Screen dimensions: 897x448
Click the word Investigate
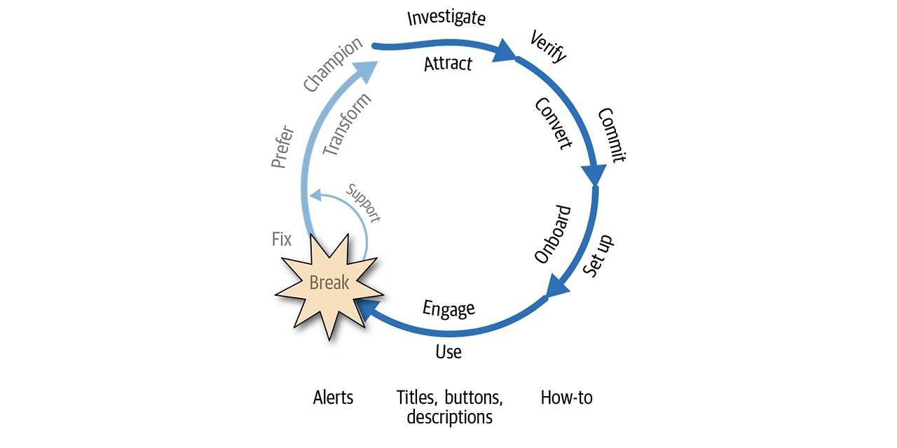pos(446,18)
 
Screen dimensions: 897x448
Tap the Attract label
pos(448,64)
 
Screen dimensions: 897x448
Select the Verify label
pos(548,46)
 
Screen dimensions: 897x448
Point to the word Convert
pos(554,123)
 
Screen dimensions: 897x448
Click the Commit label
pos(612,135)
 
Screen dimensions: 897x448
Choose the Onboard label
pos(553,234)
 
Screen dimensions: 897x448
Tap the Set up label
pos(598,256)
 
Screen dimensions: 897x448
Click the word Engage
pos(448,309)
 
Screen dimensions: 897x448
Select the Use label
pos(448,352)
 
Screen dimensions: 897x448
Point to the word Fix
pos(282,239)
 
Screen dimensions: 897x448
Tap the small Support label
pos(363,203)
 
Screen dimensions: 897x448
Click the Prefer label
pos(282,147)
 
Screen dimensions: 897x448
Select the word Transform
pos(347,124)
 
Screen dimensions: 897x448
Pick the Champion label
pos(333,64)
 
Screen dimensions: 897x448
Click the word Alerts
pos(333,398)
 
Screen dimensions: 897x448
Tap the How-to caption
pos(566,398)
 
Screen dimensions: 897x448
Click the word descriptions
pos(449,417)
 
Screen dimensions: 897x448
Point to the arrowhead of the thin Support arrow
pos(316,195)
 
